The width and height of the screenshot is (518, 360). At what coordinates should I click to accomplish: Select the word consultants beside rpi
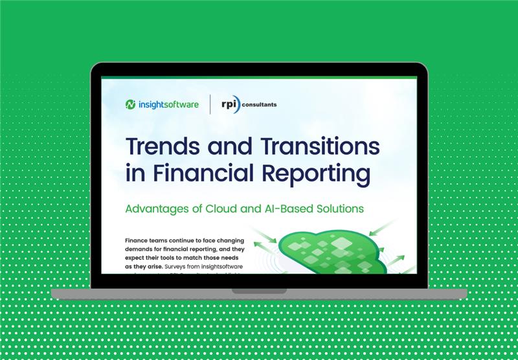(x=259, y=104)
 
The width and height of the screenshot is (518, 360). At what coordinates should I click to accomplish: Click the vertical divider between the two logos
(x=210, y=104)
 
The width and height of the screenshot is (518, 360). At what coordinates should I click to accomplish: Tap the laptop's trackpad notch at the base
(x=259, y=291)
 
